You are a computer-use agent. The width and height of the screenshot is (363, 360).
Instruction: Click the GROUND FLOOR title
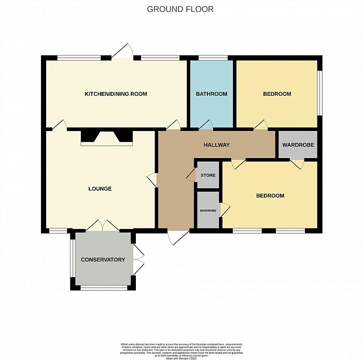click(180, 9)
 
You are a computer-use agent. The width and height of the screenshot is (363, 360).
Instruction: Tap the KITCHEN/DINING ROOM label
click(116, 94)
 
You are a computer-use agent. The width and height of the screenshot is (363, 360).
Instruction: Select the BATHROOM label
click(211, 94)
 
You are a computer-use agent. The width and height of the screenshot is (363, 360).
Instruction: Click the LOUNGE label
click(100, 189)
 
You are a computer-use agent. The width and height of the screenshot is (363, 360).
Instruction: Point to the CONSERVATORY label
click(103, 260)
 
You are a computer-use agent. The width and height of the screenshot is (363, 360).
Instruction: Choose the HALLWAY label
click(216, 145)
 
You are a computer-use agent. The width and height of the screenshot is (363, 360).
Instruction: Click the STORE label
click(208, 176)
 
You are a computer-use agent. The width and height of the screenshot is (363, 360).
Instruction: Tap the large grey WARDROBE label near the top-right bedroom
click(298, 145)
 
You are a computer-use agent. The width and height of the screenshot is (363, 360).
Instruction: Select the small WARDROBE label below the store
click(208, 211)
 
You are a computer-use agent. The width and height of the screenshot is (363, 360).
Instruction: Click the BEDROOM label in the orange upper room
click(277, 94)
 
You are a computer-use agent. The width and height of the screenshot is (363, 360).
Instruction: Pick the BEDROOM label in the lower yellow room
click(270, 195)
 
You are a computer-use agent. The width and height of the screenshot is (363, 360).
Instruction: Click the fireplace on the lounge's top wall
click(107, 137)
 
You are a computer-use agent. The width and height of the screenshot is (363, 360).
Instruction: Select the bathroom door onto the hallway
click(206, 124)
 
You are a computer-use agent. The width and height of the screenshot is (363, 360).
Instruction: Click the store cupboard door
click(190, 176)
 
